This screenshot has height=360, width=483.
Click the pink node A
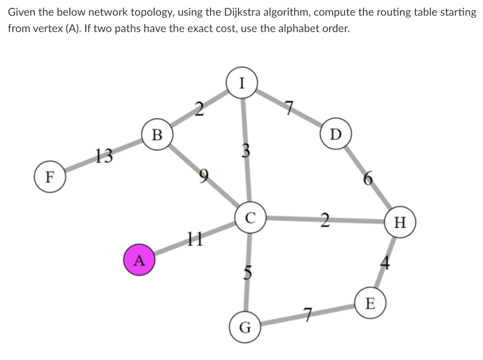(x=139, y=260)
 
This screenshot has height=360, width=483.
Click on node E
(x=370, y=304)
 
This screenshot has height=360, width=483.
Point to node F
(x=49, y=177)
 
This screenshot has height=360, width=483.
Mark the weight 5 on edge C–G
(x=248, y=273)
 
